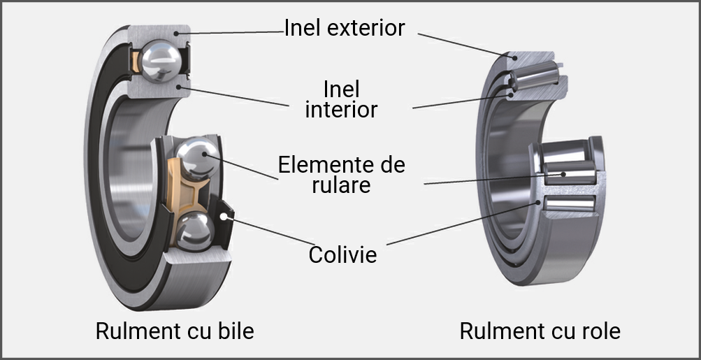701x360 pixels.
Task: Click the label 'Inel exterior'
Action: click(x=344, y=28)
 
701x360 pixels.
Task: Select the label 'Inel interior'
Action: click(x=342, y=99)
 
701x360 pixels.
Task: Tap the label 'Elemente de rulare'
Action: click(x=341, y=175)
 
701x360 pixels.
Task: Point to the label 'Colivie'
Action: click(x=342, y=254)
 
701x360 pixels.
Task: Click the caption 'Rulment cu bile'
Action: click(x=175, y=331)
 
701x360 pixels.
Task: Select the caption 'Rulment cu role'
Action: click(x=540, y=331)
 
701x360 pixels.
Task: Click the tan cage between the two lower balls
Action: click(x=184, y=192)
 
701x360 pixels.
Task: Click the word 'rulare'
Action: click(x=342, y=186)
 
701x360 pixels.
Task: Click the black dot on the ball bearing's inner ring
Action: click(x=180, y=87)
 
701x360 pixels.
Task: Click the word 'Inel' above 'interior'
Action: click(x=342, y=89)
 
